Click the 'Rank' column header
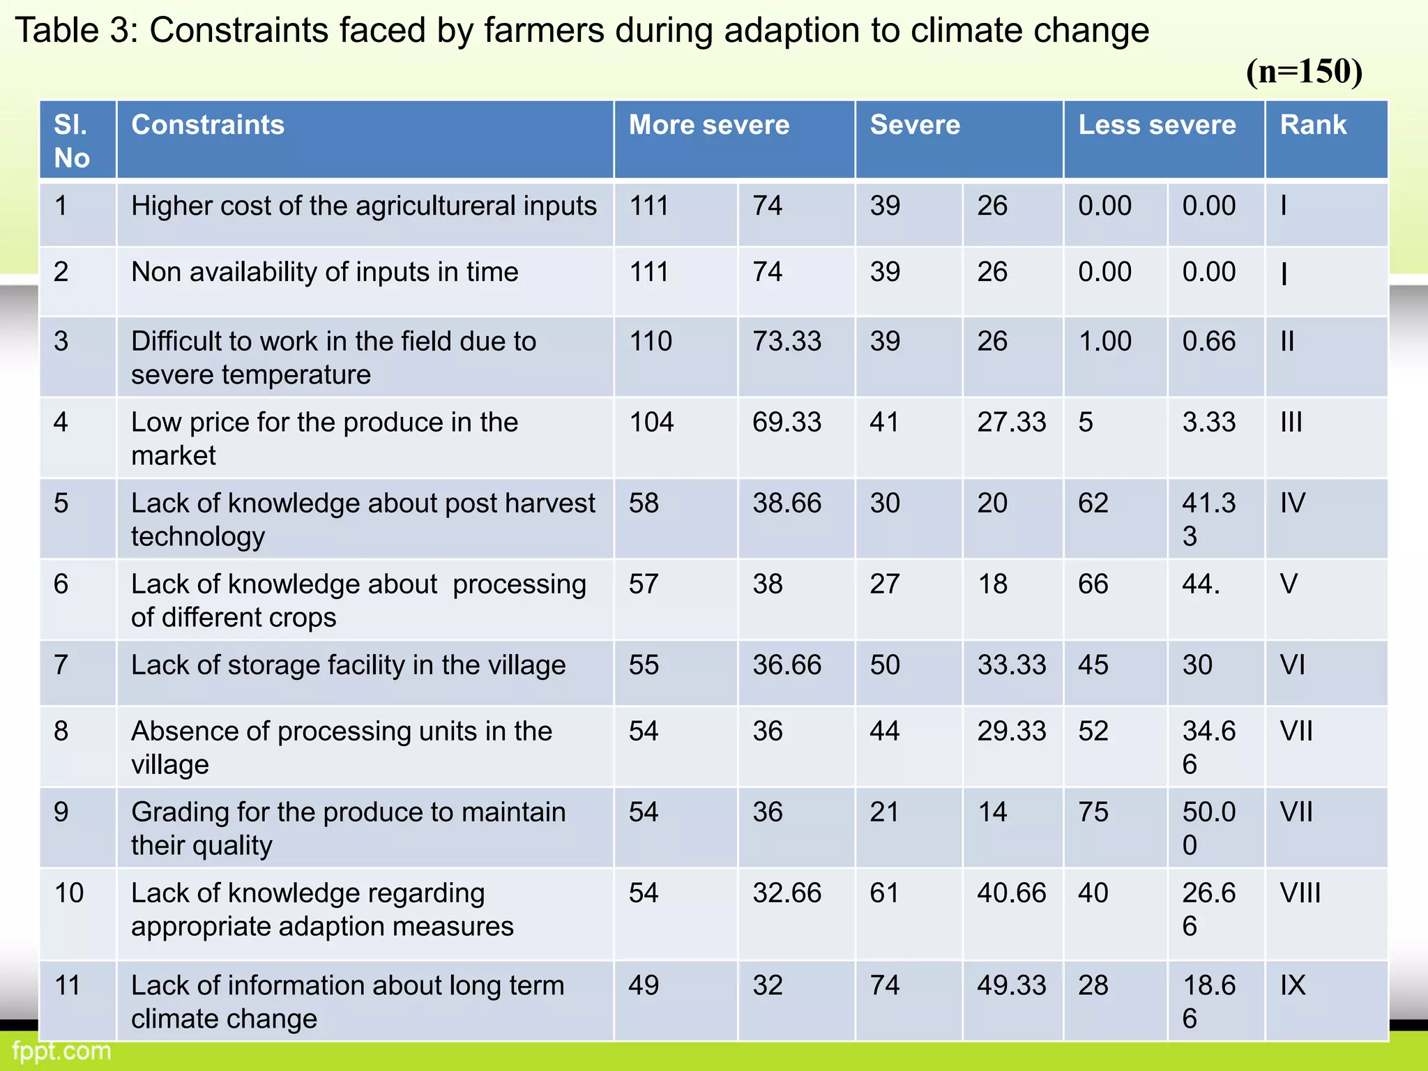point(1313,126)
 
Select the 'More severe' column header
point(709,126)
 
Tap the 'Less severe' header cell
point(1157,126)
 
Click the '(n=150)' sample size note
point(1304,71)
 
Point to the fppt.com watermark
point(62,1051)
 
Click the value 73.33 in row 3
point(787,342)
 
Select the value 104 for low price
point(651,423)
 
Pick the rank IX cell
point(1293,985)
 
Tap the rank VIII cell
point(1300,893)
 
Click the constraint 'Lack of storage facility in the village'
point(348,665)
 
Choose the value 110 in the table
point(651,342)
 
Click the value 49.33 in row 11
point(1011,985)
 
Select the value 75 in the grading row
point(1093,812)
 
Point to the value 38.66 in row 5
point(787,503)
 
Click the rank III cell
point(1291,423)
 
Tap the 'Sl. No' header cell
point(72,142)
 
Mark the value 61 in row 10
point(885,893)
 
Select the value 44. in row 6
point(1201,584)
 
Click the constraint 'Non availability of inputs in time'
point(324,272)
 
